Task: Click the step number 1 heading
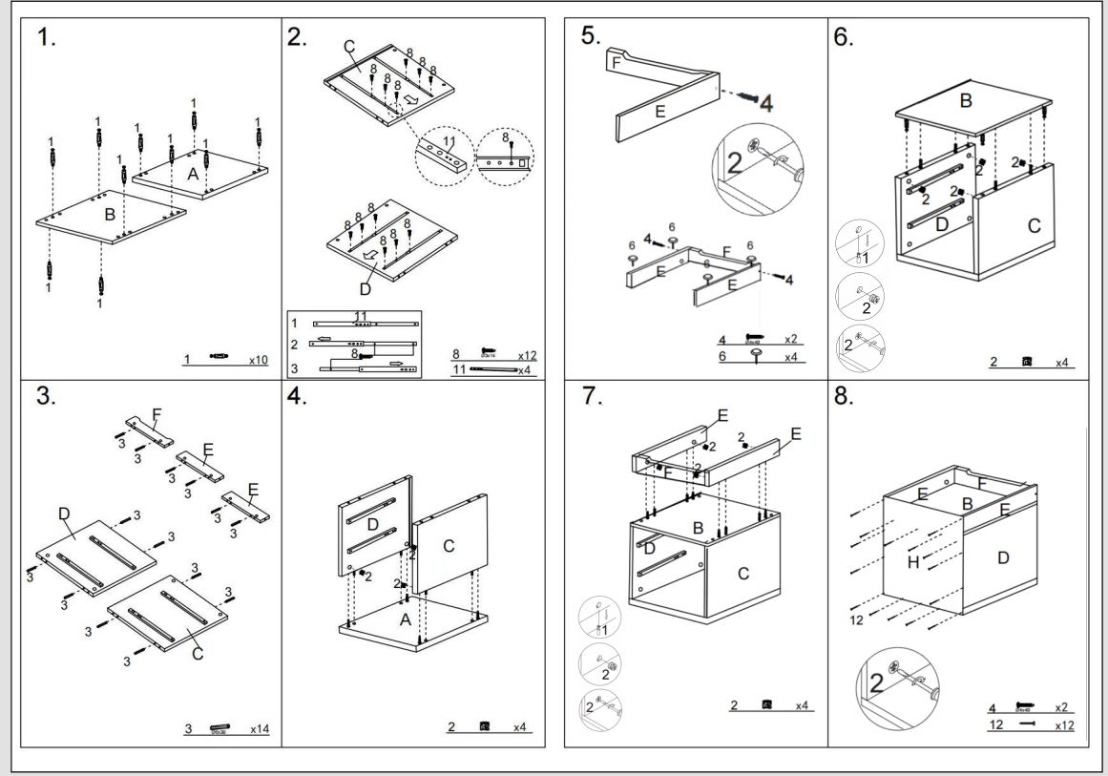pyautogui.click(x=45, y=38)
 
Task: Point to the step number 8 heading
pyautogui.click(x=844, y=397)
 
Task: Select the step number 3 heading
pyautogui.click(x=45, y=397)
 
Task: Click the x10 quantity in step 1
pyautogui.click(x=258, y=361)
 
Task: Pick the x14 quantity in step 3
pyautogui.click(x=259, y=729)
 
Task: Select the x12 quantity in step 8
pyautogui.click(x=1064, y=725)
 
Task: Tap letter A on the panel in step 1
pyautogui.click(x=193, y=174)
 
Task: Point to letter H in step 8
pyautogui.click(x=913, y=562)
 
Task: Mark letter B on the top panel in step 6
pyautogui.click(x=966, y=100)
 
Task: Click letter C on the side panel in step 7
pyautogui.click(x=743, y=573)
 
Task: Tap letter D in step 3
pyautogui.click(x=64, y=514)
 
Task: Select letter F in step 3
pyautogui.click(x=157, y=414)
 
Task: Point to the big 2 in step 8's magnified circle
pyautogui.click(x=875, y=684)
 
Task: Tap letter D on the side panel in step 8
pyautogui.click(x=1003, y=557)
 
